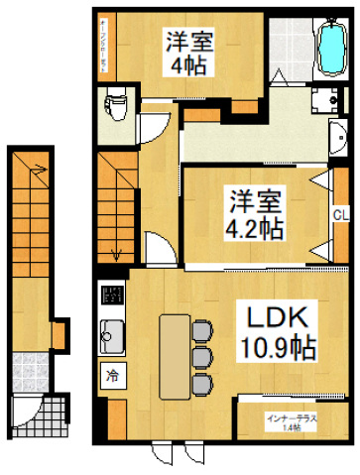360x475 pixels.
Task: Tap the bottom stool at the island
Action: (x=202, y=382)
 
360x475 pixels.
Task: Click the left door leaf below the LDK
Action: (x=161, y=454)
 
